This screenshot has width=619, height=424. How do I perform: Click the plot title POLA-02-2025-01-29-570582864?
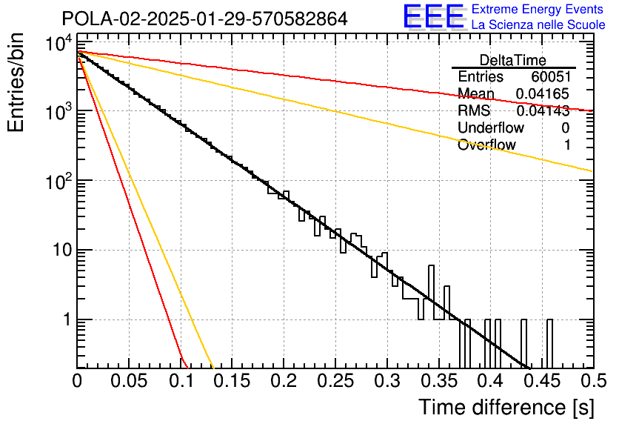coord(204,19)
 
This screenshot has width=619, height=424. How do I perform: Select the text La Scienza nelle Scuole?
coord(538,25)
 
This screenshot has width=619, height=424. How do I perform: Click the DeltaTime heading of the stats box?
coord(513,60)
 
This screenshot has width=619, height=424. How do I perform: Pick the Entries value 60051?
coord(550,77)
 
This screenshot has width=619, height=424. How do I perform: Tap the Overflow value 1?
coord(567,145)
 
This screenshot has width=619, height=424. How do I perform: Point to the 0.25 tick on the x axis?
coord(335,381)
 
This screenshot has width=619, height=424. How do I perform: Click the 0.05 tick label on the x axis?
coord(129,381)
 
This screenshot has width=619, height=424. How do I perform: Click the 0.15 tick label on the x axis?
coord(232,381)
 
